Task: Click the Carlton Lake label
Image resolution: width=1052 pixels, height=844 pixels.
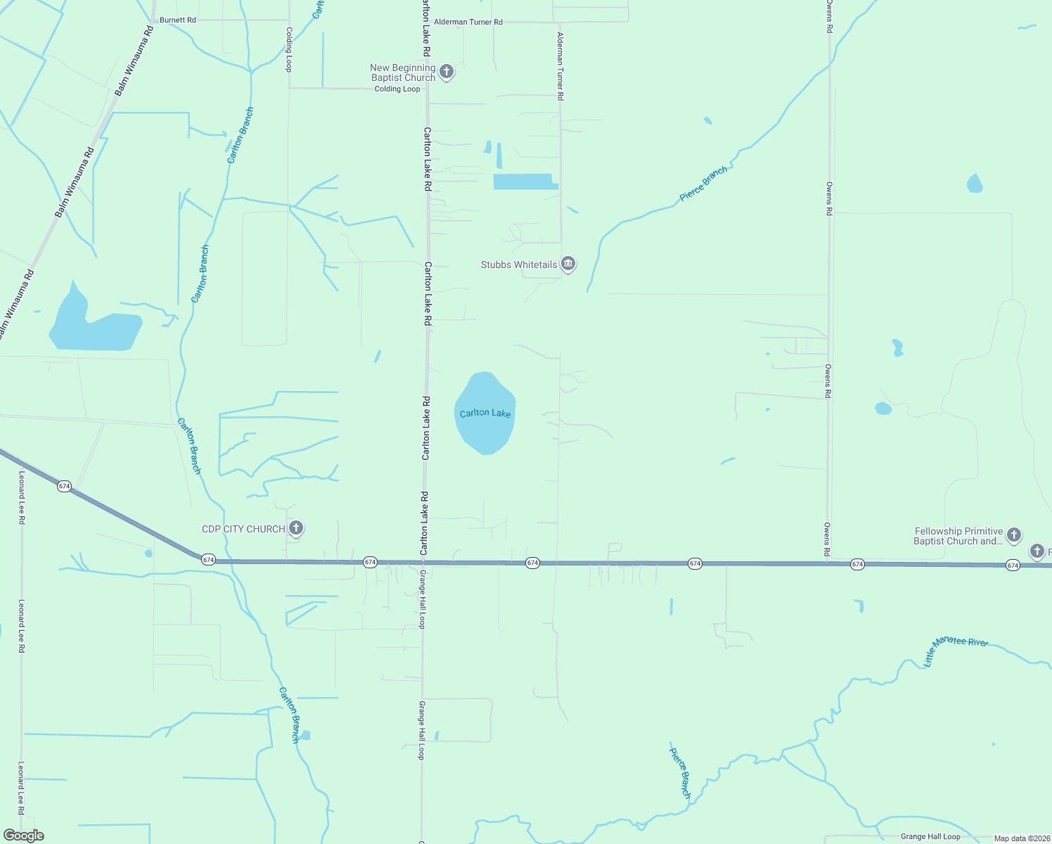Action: click(x=485, y=413)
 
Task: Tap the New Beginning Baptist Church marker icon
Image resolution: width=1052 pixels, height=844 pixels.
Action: click(x=446, y=71)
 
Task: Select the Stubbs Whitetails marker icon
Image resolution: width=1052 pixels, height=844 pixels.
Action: click(x=568, y=264)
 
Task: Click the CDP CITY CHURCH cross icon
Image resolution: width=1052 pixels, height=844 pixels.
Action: click(x=296, y=527)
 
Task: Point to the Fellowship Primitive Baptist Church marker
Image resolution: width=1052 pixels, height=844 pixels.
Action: click(x=1013, y=535)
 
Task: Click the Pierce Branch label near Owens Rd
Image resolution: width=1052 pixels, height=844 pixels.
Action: click(x=703, y=184)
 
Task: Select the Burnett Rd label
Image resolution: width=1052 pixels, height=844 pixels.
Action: click(x=178, y=20)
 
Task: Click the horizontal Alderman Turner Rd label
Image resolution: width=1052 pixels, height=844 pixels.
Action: click(x=468, y=22)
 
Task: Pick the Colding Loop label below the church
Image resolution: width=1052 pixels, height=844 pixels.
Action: click(x=397, y=89)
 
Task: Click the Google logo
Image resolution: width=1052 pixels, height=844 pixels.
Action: click(x=23, y=836)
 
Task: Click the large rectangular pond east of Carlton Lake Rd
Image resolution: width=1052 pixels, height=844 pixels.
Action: click(x=524, y=181)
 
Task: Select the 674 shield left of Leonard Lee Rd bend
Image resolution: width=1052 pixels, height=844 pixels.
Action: click(x=64, y=486)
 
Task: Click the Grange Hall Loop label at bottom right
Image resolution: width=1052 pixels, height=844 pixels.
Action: click(x=930, y=836)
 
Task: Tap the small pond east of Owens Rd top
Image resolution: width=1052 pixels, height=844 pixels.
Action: click(x=974, y=184)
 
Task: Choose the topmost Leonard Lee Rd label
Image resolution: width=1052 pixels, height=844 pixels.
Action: click(x=22, y=497)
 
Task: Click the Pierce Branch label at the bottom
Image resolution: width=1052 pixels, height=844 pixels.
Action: click(x=680, y=772)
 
